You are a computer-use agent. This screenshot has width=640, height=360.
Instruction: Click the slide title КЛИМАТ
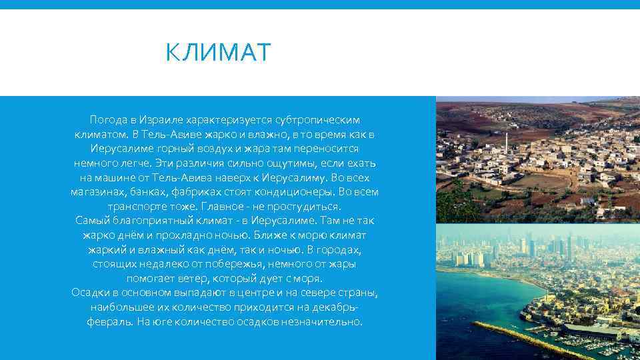219,52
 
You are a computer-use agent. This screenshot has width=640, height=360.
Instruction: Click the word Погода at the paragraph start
109,120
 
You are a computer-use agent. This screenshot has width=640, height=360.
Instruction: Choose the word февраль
109,322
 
